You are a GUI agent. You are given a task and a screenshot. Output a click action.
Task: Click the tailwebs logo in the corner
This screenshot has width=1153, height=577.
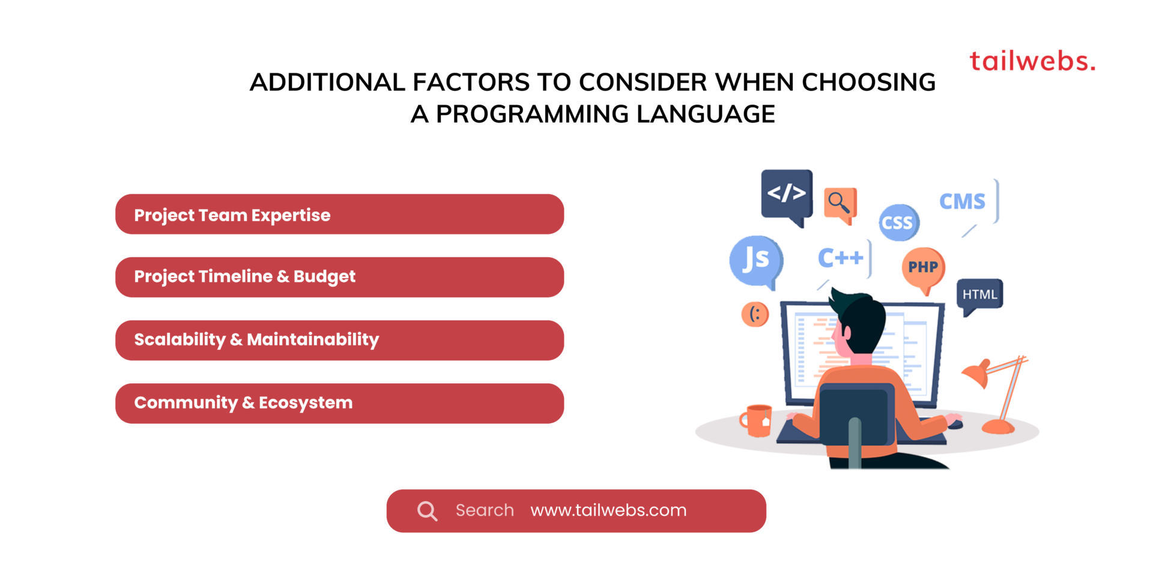pos(1032,61)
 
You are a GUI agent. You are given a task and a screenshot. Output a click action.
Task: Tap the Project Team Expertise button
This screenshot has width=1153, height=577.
pos(339,215)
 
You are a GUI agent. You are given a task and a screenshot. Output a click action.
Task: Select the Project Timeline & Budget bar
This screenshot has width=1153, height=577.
pos(339,277)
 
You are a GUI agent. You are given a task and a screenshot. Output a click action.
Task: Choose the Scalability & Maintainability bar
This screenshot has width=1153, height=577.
pos(339,340)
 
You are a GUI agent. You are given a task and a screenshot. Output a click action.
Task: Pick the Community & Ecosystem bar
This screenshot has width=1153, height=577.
pos(339,403)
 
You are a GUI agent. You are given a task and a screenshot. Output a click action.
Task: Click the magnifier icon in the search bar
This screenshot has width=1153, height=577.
pos(427,511)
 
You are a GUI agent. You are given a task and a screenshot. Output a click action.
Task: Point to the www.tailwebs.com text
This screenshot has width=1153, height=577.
pos(608,510)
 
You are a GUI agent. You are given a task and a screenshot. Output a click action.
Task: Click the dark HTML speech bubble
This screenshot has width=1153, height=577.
pos(979,294)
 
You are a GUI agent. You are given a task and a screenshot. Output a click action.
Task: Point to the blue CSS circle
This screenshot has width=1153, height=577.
pos(898,222)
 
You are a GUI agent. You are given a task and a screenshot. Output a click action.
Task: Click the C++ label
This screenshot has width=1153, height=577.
pos(840,258)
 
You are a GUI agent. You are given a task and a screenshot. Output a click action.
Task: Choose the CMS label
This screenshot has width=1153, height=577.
pos(962,201)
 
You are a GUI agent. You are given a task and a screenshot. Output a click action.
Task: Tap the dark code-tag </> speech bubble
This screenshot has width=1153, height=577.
pos(787,193)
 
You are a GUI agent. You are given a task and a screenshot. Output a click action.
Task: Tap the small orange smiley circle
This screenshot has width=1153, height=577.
pos(755,314)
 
